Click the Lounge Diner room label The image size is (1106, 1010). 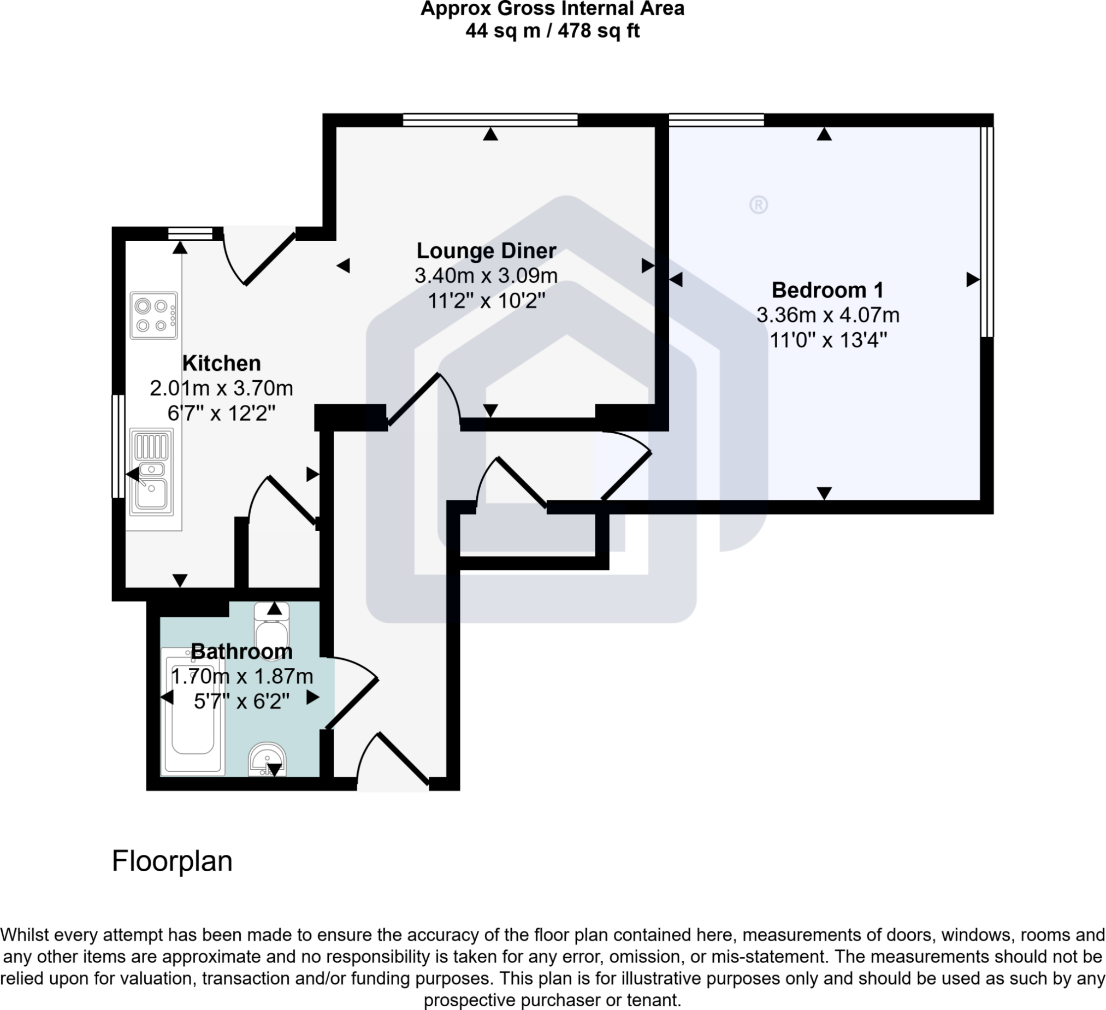[486, 251]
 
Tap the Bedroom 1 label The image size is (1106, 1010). [827, 290]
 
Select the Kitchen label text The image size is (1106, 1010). [221, 363]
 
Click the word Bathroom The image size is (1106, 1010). [241, 651]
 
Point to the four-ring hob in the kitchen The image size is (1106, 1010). [153, 315]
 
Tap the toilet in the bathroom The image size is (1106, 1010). [272, 631]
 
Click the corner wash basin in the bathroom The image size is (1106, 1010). [267, 760]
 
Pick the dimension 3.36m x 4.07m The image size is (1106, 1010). [827, 315]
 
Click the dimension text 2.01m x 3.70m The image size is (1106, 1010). [221, 388]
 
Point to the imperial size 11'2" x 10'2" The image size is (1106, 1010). [486, 300]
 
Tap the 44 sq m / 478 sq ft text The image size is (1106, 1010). [552, 31]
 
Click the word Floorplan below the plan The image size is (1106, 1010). [172, 861]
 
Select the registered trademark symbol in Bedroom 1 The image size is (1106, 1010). [758, 205]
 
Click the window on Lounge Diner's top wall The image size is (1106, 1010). [490, 120]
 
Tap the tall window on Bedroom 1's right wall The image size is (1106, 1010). [986, 231]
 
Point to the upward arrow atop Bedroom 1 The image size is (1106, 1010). [824, 134]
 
